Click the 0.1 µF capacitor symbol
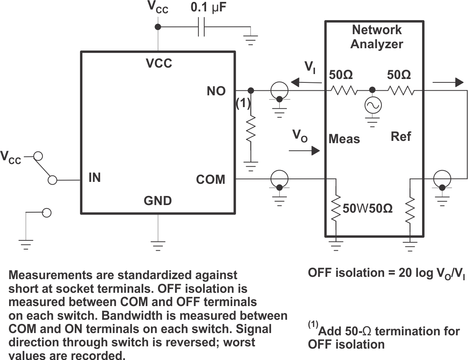201,27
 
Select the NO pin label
216,91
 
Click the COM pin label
211,179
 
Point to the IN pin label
95,177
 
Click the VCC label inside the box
159,63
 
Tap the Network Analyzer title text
377,37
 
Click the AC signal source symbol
373,106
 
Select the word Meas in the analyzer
344,139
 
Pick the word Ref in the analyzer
401,136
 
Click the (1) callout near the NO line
243,103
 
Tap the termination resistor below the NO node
251,129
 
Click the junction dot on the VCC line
158,27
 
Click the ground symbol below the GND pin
158,245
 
